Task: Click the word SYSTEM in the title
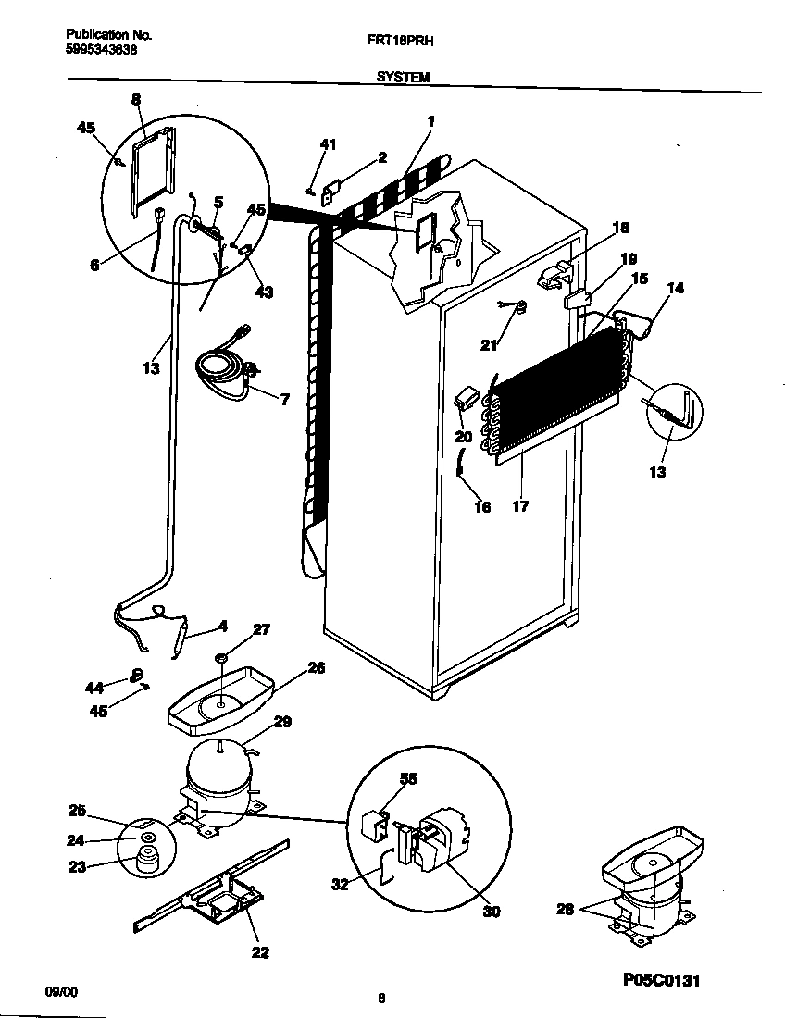(x=403, y=79)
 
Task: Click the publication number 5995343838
(x=102, y=50)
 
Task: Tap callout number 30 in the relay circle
(x=492, y=912)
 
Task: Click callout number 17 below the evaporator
(x=520, y=506)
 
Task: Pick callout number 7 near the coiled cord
(x=284, y=399)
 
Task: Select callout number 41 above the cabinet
(x=328, y=143)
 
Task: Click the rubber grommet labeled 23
(x=143, y=859)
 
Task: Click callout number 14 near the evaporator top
(x=676, y=288)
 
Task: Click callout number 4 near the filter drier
(x=222, y=627)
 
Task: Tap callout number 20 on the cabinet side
(x=463, y=436)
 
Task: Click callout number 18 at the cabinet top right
(x=620, y=227)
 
